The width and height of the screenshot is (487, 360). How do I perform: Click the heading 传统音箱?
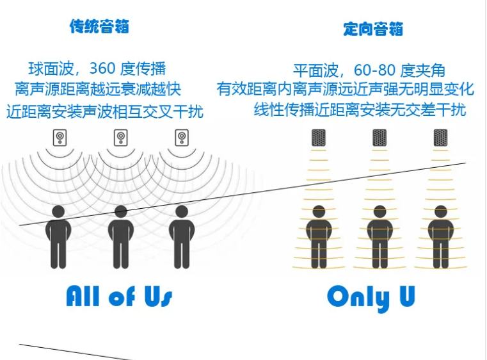(99, 27)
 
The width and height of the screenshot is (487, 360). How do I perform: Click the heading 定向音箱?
(373, 29)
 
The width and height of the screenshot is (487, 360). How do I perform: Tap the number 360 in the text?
(107, 68)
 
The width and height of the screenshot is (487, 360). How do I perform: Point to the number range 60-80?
(375, 70)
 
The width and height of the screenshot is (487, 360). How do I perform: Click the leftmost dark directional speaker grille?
(319, 138)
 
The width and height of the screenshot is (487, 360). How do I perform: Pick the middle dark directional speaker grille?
(379, 138)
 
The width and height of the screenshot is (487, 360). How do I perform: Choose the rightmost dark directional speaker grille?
(440, 138)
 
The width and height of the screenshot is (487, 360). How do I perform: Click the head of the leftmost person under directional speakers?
(319, 211)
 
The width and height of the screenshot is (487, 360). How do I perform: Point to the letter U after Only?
(405, 296)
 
